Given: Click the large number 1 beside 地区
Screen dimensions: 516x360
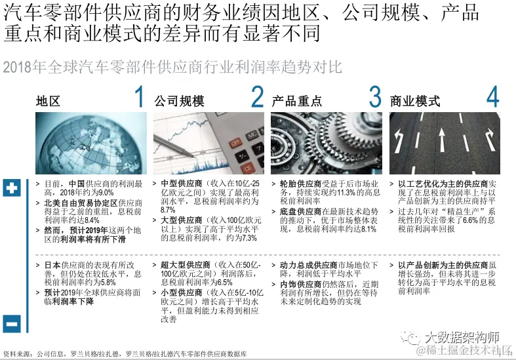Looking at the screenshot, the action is [140, 96].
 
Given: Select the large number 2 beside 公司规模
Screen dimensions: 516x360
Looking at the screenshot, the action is [257, 96].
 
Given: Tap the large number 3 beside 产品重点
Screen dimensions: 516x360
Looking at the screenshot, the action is [375, 96].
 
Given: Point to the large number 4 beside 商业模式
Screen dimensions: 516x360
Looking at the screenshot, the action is [492, 96].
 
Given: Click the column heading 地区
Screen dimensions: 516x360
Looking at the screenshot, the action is [48, 101].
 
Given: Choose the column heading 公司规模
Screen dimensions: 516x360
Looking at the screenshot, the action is [180, 101].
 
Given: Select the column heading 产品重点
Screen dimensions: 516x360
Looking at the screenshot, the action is [297, 101].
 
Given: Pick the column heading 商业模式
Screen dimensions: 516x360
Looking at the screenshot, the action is [415, 101].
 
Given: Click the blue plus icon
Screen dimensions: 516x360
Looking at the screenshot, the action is [12, 188].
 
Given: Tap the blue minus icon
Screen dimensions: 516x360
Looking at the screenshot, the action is [12, 324].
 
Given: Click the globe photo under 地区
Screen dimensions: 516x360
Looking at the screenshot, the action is [91, 143].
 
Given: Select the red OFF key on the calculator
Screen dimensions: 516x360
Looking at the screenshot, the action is [235, 144].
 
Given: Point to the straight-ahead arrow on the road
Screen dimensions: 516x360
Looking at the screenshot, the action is [442, 136].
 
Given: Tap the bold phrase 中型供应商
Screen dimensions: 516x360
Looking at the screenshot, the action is [182, 184].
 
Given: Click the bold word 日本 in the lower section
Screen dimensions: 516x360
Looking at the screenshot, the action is [52, 265].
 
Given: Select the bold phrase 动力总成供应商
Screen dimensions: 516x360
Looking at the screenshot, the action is [309, 265].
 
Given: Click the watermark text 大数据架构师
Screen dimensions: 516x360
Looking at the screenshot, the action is [462, 337].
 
